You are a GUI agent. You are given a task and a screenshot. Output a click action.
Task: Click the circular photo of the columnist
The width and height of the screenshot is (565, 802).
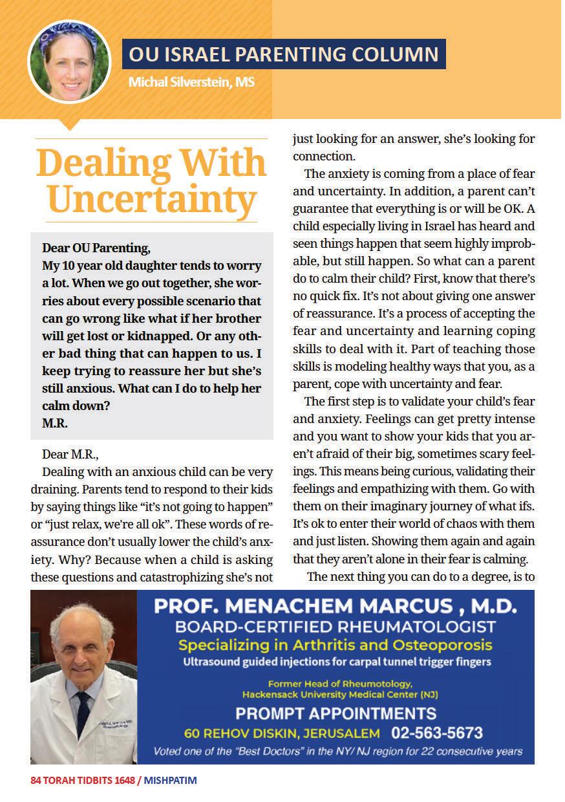[63, 62]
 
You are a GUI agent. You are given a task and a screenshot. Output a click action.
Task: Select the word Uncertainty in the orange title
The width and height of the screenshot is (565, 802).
[153, 199]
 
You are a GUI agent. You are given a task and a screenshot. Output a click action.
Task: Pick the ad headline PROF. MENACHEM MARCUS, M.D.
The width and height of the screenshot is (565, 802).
[335, 607]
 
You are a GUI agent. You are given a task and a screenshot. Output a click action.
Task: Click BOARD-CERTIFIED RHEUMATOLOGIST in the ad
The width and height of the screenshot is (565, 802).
[336, 626]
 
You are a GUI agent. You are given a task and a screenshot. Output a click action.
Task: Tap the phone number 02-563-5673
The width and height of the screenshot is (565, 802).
[437, 733]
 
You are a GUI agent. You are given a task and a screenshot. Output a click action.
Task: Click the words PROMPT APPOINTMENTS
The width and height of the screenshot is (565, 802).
[335, 714]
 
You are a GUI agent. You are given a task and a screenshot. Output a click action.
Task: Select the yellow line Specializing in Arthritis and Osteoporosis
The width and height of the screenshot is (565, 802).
[335, 645]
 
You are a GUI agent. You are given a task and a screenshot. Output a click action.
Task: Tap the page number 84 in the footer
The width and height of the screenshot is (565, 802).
[36, 781]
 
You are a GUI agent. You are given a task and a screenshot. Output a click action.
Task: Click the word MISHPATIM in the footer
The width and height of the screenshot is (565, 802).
[171, 781]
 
